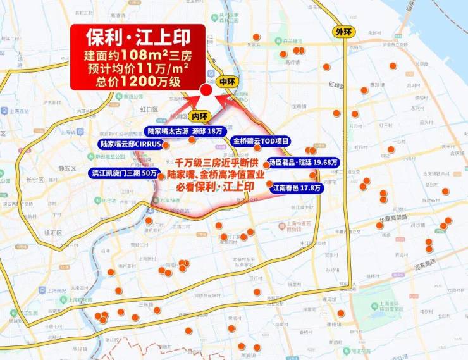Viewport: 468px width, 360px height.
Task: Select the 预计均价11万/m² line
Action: (137, 66)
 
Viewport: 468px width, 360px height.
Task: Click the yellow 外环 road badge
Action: (344, 32)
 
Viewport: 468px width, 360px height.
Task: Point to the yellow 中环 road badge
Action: (226, 82)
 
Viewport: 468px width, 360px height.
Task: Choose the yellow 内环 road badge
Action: (199, 116)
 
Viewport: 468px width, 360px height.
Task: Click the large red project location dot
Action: (206, 91)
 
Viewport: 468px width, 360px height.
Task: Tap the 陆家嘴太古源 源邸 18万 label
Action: (184, 131)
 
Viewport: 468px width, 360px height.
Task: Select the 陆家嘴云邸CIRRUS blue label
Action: (132, 144)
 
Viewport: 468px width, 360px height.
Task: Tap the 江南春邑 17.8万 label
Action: (297, 188)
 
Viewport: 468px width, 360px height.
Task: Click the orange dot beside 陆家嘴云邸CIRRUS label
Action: (166, 145)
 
